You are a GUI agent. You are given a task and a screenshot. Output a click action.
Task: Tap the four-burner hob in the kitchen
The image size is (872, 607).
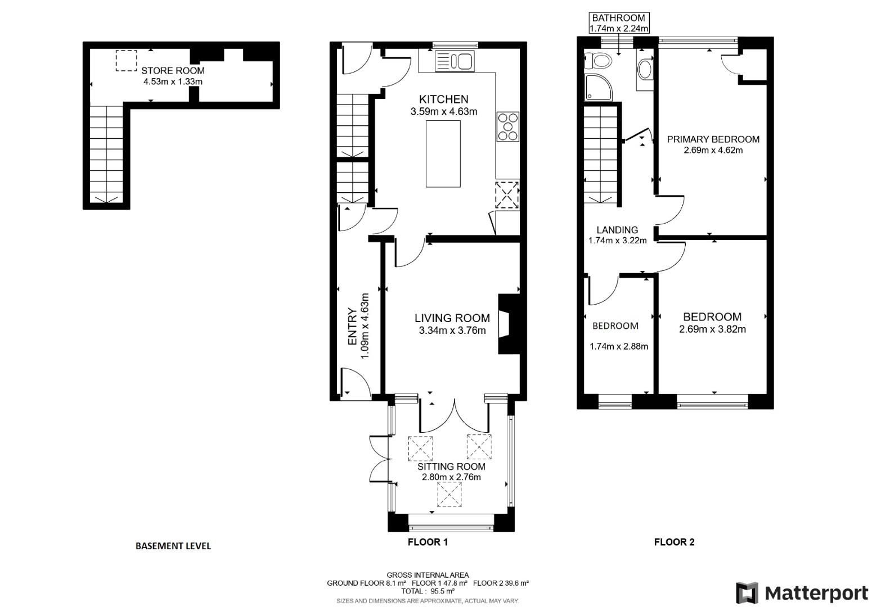tap(507, 127)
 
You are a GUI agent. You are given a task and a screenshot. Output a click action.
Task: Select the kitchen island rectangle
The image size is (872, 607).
tap(443, 153)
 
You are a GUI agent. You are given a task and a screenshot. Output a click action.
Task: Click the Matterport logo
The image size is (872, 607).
tap(802, 593)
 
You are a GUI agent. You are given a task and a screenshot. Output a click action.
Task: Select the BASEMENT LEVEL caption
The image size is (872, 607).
tap(173, 546)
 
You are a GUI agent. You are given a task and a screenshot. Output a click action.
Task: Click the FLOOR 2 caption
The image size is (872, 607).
tap(674, 542)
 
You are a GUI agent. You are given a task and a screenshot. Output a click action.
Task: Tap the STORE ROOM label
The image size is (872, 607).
tap(173, 71)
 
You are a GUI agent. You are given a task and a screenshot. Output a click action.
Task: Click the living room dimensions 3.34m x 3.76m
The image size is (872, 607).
tap(452, 330)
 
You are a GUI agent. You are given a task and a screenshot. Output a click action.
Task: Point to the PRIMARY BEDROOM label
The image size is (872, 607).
tap(713, 139)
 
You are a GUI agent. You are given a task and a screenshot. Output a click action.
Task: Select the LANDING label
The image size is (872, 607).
tap(617, 230)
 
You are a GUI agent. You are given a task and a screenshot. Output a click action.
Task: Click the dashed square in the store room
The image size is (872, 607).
tap(126, 61)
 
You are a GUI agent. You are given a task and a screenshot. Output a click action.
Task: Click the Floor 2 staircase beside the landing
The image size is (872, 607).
tap(602, 155)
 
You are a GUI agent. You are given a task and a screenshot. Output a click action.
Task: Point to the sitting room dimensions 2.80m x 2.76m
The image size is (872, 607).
tap(451, 477)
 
